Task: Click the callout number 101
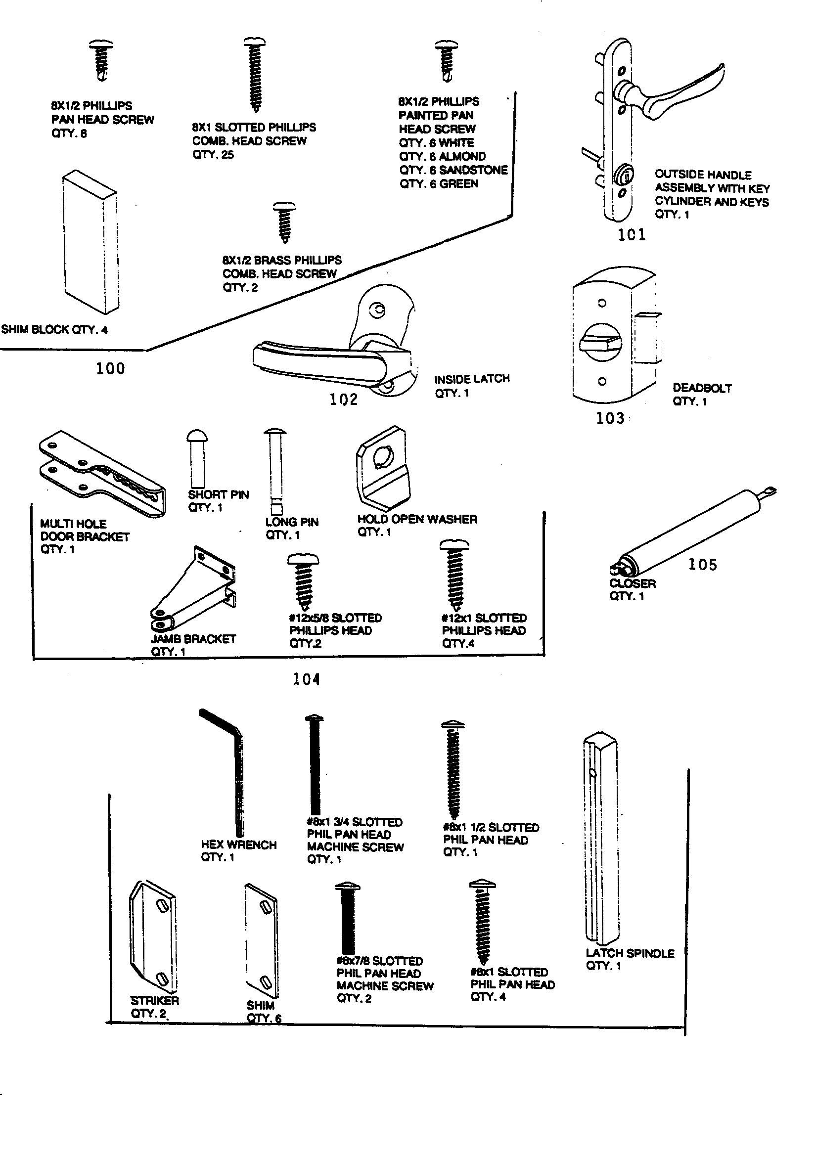tap(631, 235)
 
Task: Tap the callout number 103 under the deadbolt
tap(610, 418)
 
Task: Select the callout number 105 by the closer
tap(702, 565)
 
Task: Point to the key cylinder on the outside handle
tap(623, 175)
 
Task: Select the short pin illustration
tap(197, 456)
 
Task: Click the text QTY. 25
tap(213, 155)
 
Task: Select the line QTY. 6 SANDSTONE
tap(453, 170)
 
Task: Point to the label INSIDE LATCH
tap(472, 379)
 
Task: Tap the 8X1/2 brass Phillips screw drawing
tap(284, 221)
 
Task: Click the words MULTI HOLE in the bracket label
tap(73, 524)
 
